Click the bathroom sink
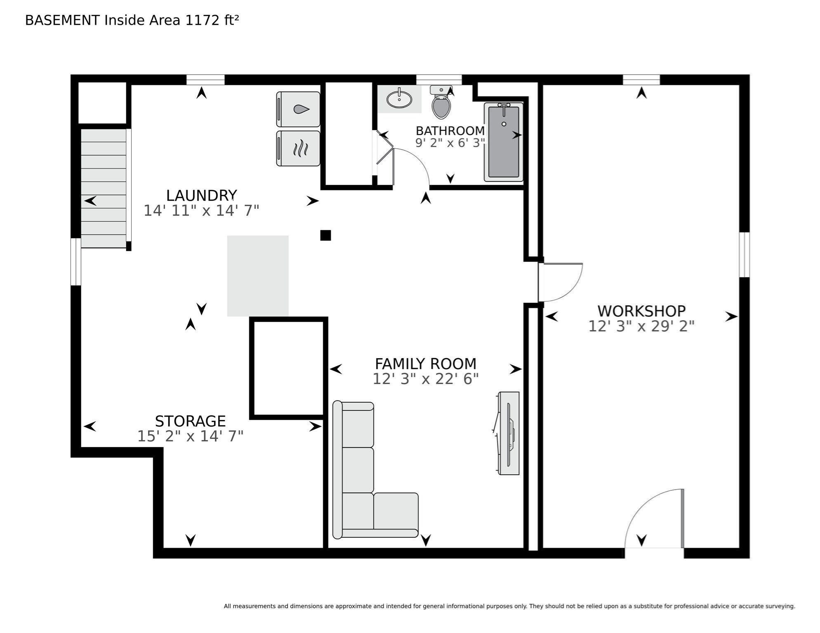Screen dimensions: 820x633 click(x=399, y=99)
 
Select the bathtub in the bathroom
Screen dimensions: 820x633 click(x=503, y=142)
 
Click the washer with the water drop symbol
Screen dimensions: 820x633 click(x=298, y=109)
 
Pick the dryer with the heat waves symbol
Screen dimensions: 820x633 click(x=298, y=148)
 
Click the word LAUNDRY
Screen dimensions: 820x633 click(x=201, y=195)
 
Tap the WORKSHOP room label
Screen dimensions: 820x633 click(x=641, y=311)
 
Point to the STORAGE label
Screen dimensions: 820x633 click(x=190, y=421)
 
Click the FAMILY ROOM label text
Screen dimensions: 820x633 click(x=426, y=364)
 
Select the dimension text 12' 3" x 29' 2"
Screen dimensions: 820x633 click(x=641, y=326)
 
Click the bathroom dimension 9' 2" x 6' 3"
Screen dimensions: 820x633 click(x=450, y=143)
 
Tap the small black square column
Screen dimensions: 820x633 click(x=325, y=235)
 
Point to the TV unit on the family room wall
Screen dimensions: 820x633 click(x=508, y=433)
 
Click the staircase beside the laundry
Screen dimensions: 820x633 click(x=104, y=188)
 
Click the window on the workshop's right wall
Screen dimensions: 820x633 click(x=744, y=255)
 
